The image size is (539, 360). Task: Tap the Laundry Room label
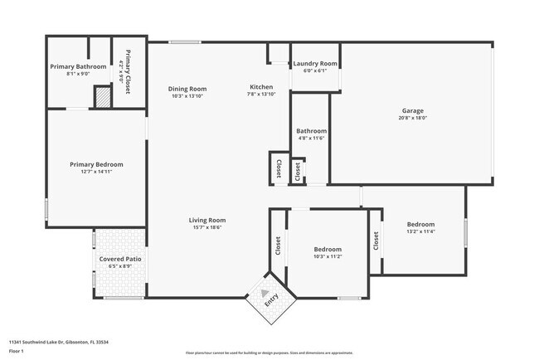pyautogui.click(x=315, y=64)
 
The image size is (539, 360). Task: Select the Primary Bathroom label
pyautogui.click(x=78, y=66)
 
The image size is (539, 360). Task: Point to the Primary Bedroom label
pyautogui.click(x=96, y=164)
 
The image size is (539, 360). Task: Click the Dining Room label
pyautogui.click(x=187, y=89)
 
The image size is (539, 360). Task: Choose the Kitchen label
pyautogui.click(x=261, y=87)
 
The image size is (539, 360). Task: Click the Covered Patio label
pyautogui.click(x=120, y=259)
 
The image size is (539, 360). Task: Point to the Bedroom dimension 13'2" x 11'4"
pyautogui.click(x=420, y=231)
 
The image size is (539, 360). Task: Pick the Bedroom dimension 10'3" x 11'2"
pyautogui.click(x=328, y=256)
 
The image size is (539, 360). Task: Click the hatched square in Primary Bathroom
pyautogui.click(x=100, y=98)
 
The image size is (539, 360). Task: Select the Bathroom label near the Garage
pyautogui.click(x=312, y=131)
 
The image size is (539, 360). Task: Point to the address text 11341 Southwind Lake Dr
pyautogui.click(x=60, y=342)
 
